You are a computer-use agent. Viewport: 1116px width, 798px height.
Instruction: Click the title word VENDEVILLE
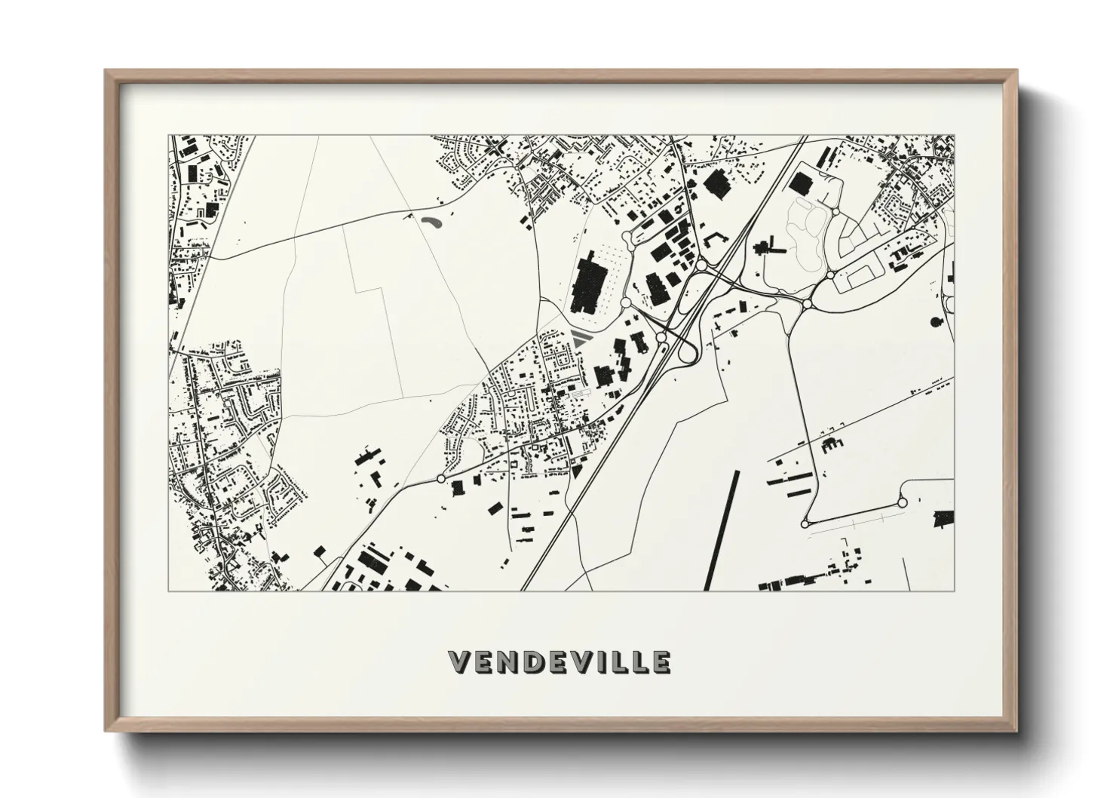[559, 661]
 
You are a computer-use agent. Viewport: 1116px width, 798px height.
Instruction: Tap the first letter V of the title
[458, 661]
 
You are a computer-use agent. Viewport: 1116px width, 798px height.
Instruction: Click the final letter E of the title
[661, 661]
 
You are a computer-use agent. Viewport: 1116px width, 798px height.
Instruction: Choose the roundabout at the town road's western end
[440, 478]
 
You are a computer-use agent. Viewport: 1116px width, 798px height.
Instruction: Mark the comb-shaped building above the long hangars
[832, 445]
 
